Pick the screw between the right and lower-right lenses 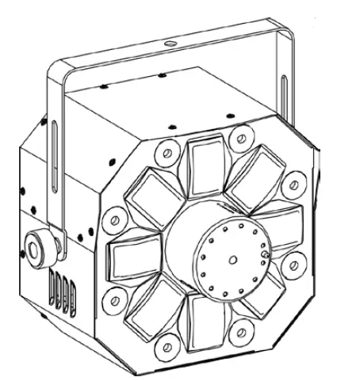click(x=295, y=264)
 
